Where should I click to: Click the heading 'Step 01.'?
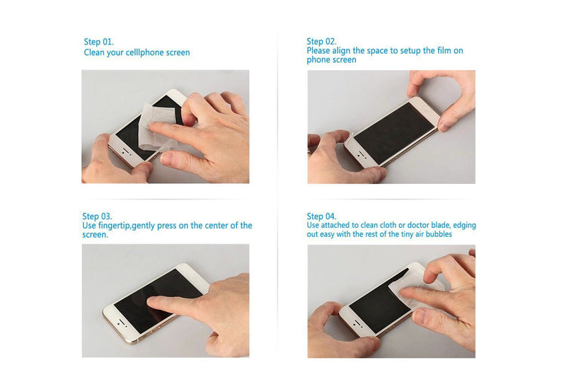click(98, 42)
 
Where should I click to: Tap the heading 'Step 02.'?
click(321, 41)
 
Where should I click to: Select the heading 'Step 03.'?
click(97, 216)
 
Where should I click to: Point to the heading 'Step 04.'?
click(321, 216)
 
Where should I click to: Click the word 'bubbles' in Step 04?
click(439, 234)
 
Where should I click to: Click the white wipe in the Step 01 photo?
click(156, 127)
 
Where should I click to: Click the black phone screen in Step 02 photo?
click(394, 134)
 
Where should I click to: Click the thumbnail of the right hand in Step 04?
click(420, 316)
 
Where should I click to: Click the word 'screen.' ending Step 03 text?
click(95, 235)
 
